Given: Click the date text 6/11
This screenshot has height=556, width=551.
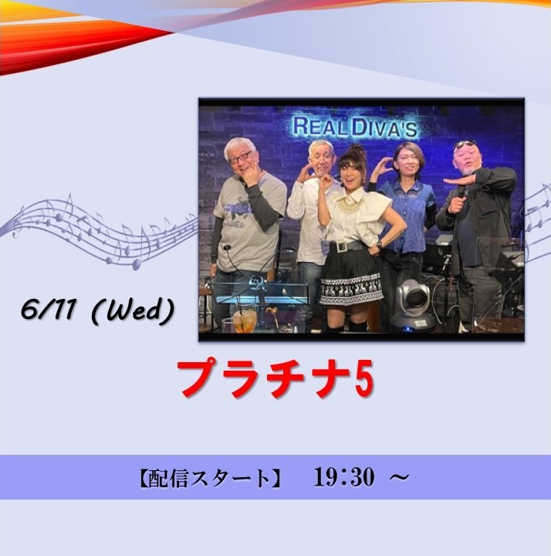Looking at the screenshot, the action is pos(47,311).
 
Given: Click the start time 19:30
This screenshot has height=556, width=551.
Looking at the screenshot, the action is pos(344,477).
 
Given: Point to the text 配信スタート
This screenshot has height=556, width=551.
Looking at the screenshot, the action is pos(208,478).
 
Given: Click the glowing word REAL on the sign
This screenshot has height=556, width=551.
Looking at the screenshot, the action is pos(320,127).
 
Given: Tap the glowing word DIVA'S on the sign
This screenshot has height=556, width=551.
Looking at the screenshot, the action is pos(385,127).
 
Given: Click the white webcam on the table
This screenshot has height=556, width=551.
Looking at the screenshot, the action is pos(412,304).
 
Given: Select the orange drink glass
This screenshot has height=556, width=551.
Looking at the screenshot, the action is pos(244,319).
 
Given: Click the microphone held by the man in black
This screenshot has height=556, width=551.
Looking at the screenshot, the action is pos(460,194).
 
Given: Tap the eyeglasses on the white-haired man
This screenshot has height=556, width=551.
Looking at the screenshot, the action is pos(240,158).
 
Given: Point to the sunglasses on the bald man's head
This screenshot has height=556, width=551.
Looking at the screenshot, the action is pos(465,144).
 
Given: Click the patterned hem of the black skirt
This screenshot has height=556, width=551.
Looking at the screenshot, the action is pos(351,290).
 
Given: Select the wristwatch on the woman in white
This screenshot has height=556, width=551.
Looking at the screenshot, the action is pos(380,244).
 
